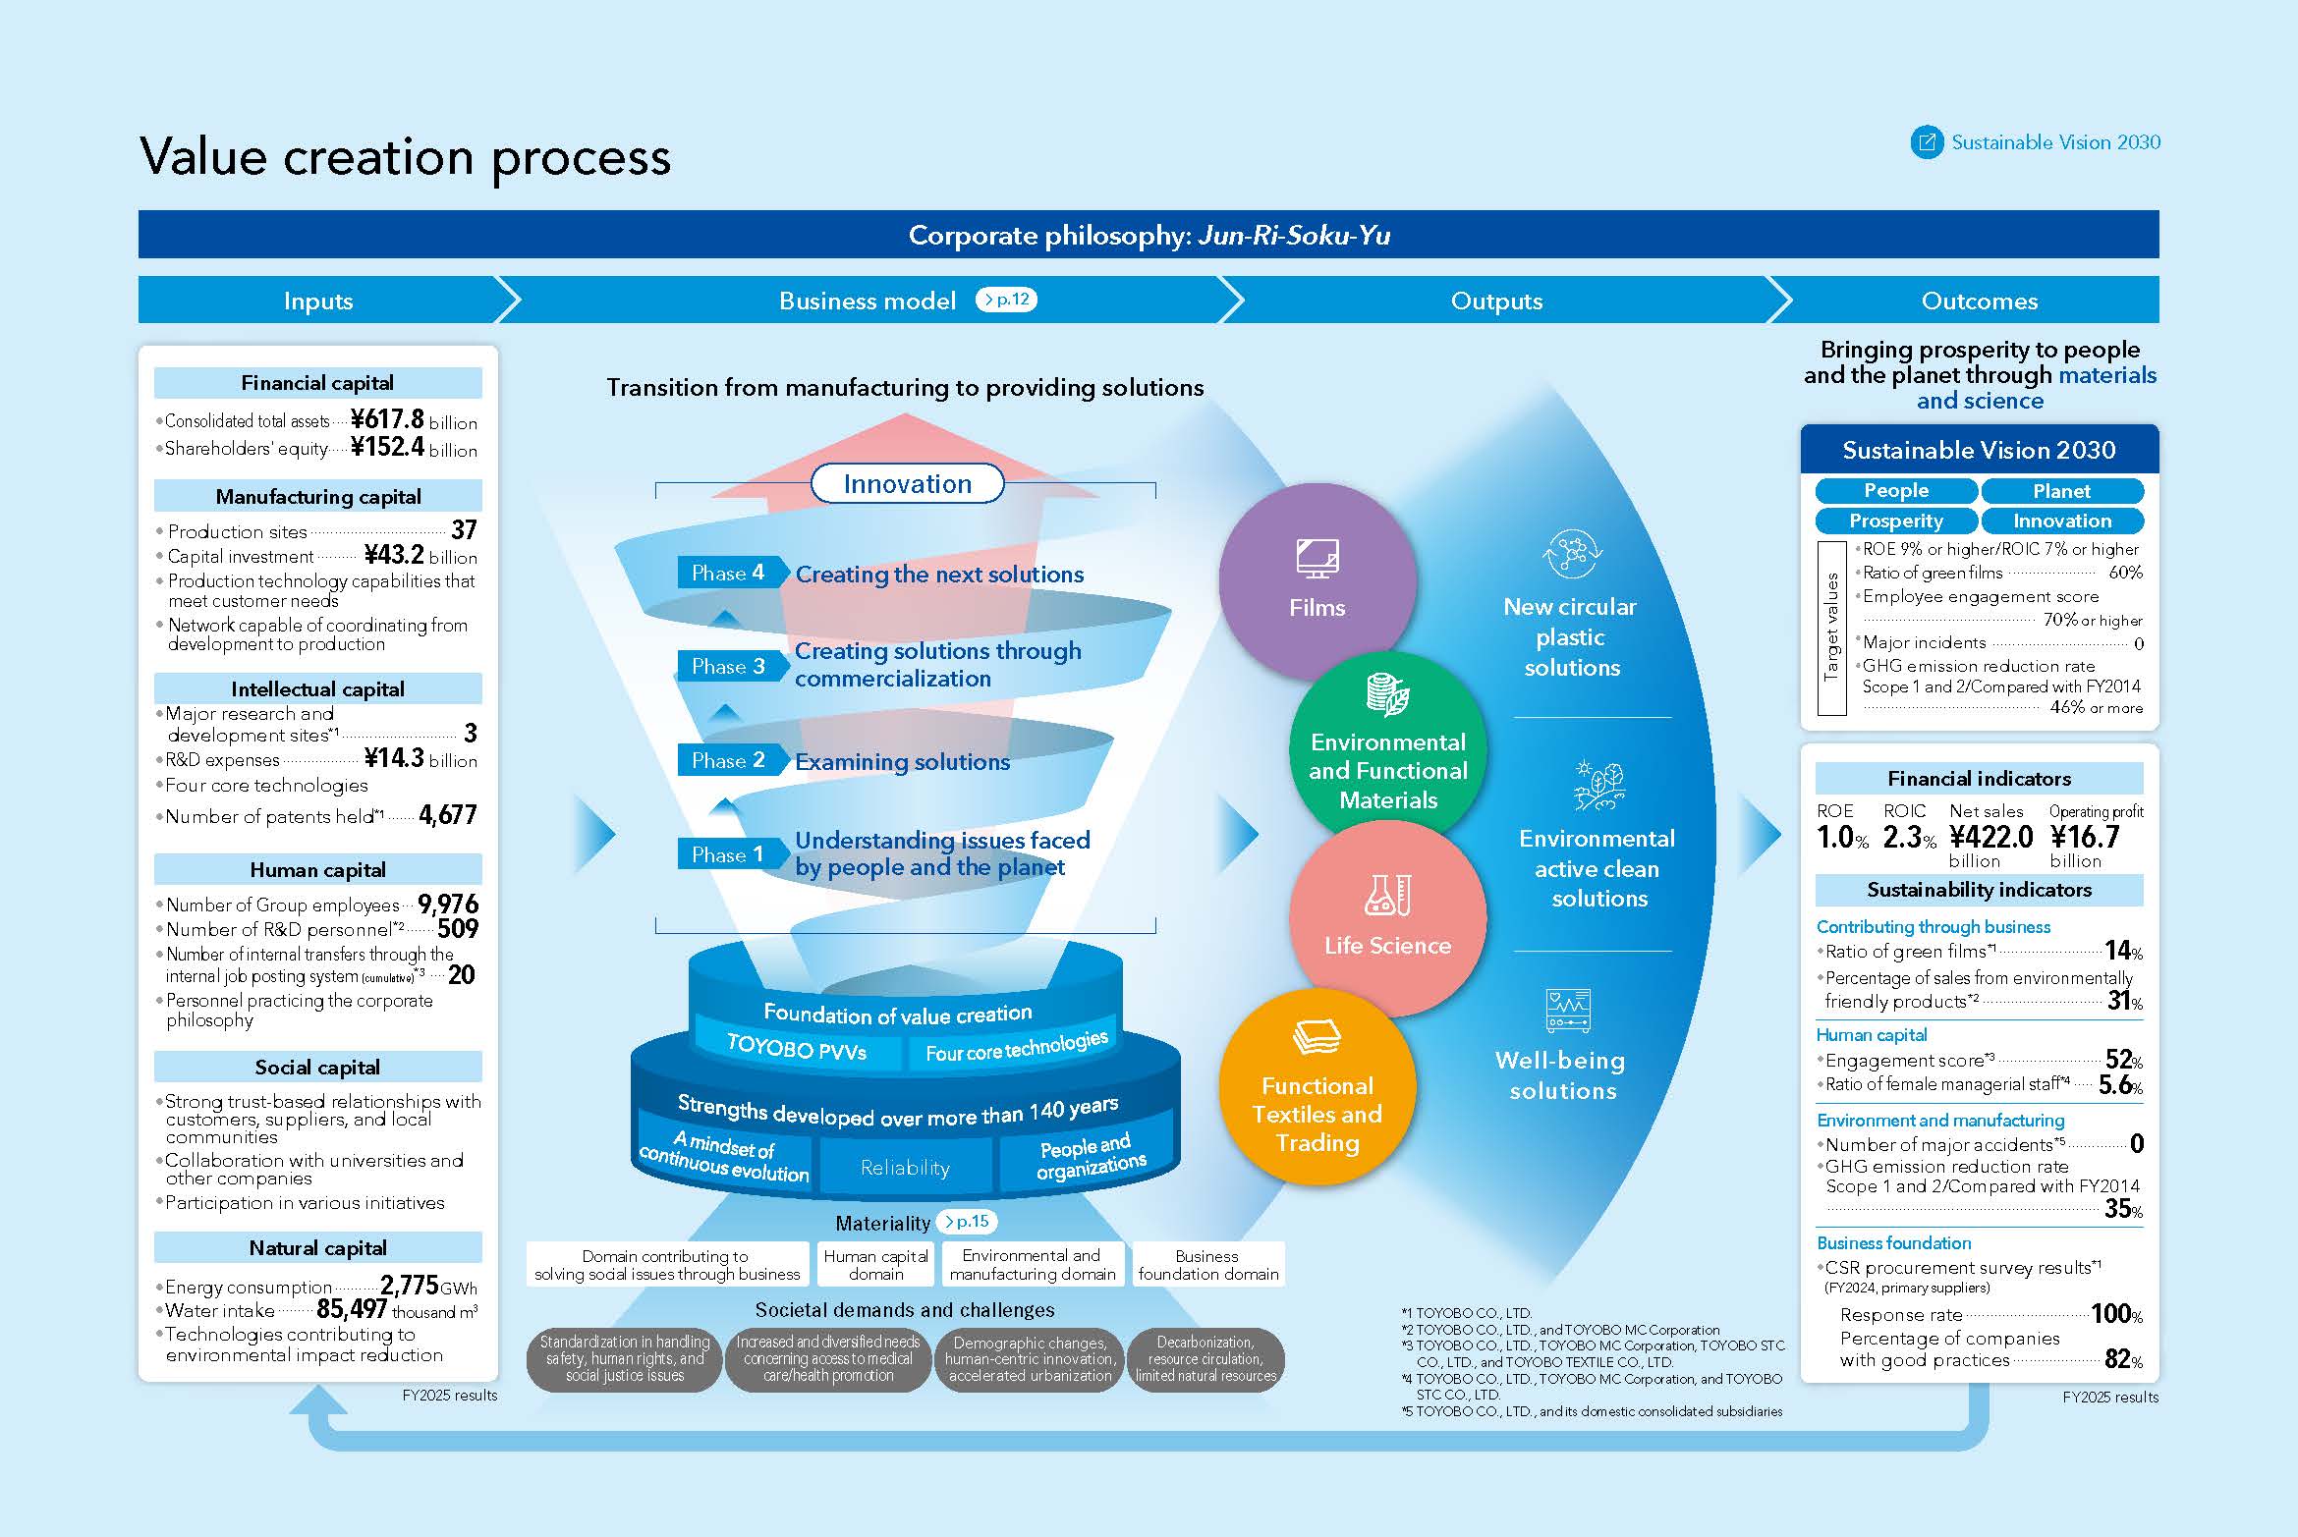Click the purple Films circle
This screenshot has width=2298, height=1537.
point(1317,579)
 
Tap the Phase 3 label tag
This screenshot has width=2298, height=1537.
point(729,667)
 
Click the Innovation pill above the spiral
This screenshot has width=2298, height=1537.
point(907,484)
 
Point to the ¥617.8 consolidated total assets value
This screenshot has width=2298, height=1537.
point(388,419)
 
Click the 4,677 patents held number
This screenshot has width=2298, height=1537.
point(447,815)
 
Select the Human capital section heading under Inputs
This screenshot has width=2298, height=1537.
point(317,870)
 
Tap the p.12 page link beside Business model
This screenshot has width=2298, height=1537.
point(1007,300)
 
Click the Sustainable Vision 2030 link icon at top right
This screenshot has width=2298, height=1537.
point(1927,142)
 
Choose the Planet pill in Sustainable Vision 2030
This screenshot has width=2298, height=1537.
point(2061,491)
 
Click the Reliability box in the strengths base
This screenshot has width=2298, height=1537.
point(905,1168)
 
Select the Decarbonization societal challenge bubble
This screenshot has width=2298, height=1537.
point(1205,1359)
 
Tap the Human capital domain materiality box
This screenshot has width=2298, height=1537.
point(875,1265)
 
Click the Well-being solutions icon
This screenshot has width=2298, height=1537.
point(1568,1011)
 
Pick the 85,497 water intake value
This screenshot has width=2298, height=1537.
point(351,1309)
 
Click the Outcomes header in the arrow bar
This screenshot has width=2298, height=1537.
point(1979,301)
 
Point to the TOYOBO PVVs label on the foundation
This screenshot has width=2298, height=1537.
point(797,1049)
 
